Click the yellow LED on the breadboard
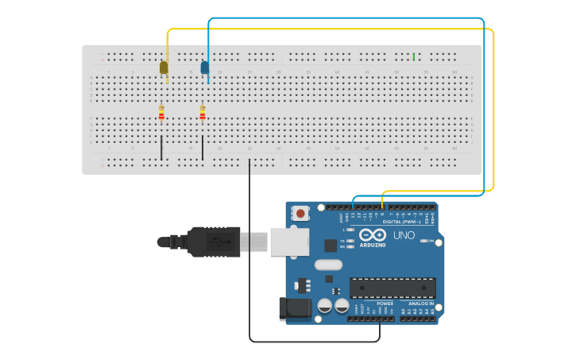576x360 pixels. (164, 68)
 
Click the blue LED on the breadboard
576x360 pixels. (205, 68)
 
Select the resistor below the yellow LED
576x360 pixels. (161, 114)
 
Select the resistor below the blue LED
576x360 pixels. (203, 114)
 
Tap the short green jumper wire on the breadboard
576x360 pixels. (413, 56)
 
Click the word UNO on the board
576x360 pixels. (404, 235)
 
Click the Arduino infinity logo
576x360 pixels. (373, 234)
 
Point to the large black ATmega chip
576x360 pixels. (392, 287)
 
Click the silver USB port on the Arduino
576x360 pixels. (289, 241)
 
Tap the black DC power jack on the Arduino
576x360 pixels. (295, 308)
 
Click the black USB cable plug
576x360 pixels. (213, 242)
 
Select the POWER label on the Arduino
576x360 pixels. (385, 304)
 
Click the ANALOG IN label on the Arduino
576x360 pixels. (421, 304)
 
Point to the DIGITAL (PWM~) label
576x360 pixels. (401, 222)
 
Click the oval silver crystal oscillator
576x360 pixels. (328, 265)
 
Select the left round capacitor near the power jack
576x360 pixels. (325, 306)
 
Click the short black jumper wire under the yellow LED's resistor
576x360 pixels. (161, 148)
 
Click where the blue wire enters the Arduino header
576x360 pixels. (353, 206)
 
